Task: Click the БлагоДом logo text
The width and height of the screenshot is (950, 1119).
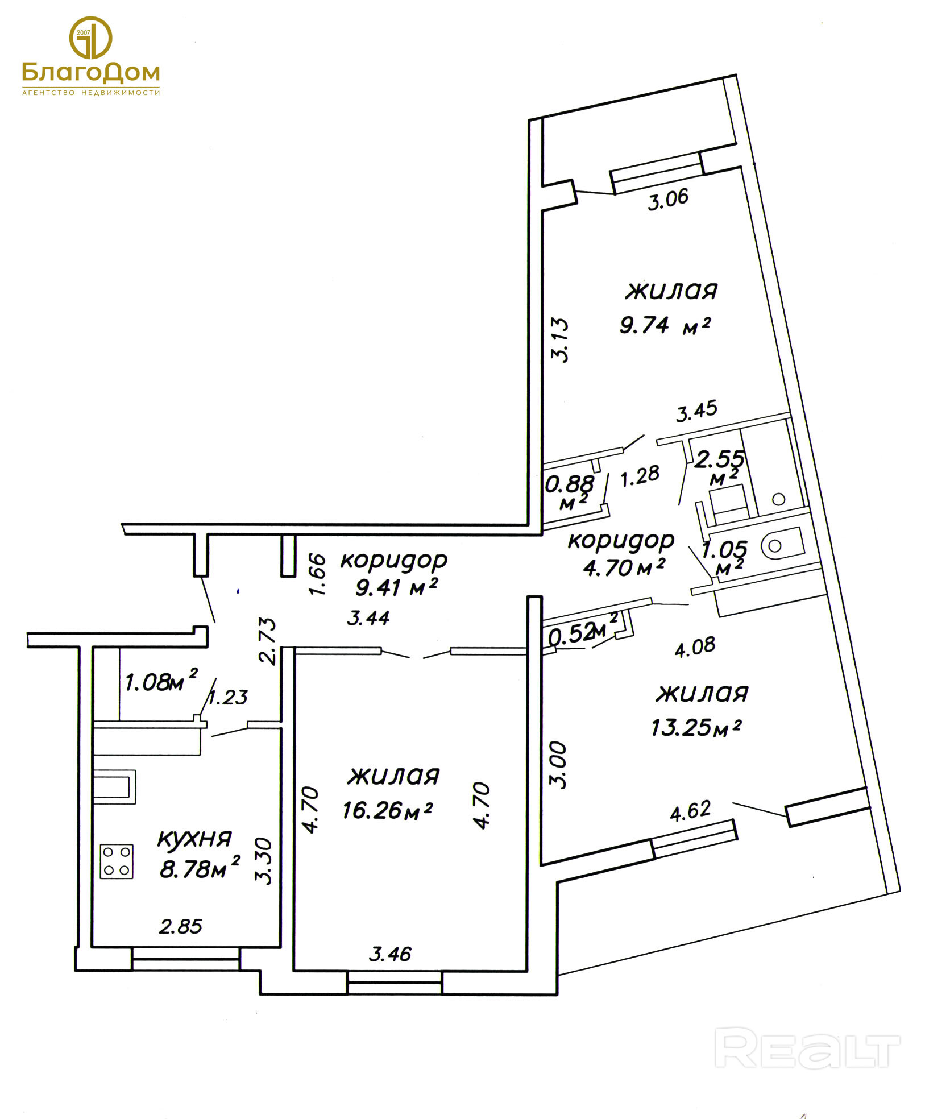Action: (x=91, y=72)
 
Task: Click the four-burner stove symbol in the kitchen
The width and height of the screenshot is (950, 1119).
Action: (x=117, y=861)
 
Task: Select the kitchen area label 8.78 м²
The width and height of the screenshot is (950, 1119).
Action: (x=200, y=868)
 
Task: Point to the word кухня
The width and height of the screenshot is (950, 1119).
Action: (x=194, y=839)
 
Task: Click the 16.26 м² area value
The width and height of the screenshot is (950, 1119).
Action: (x=387, y=810)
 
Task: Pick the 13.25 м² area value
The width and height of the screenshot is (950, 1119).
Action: (x=696, y=727)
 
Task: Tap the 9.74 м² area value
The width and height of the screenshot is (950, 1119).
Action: (x=665, y=325)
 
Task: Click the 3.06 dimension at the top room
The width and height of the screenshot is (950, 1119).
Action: (x=668, y=200)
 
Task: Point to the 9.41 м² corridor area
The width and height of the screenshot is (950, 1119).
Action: (x=396, y=587)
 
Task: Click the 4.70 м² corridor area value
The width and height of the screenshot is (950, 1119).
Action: (x=624, y=567)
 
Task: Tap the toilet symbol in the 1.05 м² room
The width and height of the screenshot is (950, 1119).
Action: (x=782, y=545)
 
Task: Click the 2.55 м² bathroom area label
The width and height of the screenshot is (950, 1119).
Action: (x=720, y=467)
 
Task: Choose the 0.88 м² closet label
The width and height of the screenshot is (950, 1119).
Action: (x=570, y=492)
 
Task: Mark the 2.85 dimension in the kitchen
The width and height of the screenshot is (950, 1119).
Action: (x=181, y=927)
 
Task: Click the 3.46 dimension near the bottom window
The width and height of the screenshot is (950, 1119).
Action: (x=390, y=954)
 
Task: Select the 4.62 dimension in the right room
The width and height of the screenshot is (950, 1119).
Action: (x=690, y=810)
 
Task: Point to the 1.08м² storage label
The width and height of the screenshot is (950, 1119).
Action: (x=161, y=681)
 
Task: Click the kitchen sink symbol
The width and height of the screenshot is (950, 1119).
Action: (x=115, y=787)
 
